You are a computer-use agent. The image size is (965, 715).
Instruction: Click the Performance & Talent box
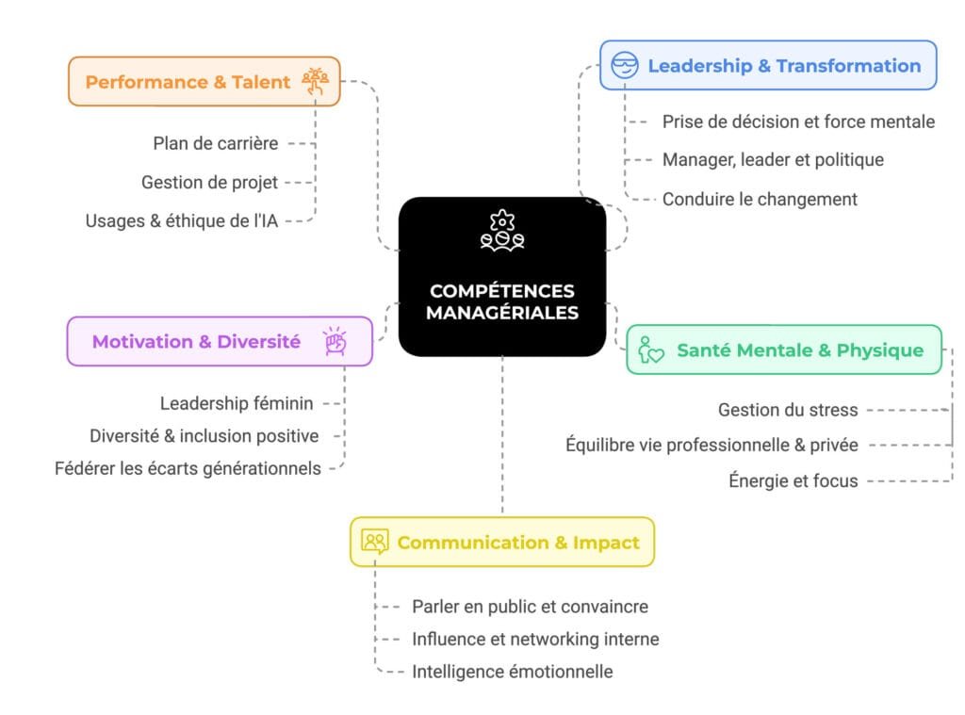[204, 81]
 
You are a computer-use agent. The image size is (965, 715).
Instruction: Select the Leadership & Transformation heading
[784, 66]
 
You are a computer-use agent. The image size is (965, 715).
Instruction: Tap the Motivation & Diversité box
[220, 342]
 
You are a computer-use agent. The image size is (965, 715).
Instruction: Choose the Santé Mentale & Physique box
[784, 349]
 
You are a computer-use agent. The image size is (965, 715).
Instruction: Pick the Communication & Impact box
[502, 542]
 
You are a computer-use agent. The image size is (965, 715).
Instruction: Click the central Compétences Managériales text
[502, 301]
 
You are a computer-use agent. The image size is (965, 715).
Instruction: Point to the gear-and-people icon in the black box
[502, 231]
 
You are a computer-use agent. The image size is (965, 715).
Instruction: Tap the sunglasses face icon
[625, 65]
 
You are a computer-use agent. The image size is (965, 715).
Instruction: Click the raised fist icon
[335, 341]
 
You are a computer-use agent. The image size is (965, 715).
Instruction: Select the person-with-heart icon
[650, 349]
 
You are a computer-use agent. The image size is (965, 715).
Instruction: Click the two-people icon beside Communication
[375, 542]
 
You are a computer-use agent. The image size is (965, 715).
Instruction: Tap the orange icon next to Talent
[315, 81]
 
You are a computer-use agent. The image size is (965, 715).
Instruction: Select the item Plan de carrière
[216, 143]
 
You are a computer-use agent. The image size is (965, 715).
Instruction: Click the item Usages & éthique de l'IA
[182, 220]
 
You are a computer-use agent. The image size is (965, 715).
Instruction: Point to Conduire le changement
[760, 200]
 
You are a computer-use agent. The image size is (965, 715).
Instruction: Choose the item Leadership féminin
[237, 403]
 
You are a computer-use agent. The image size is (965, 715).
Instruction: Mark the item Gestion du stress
[788, 410]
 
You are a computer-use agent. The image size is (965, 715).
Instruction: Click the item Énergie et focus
[793, 480]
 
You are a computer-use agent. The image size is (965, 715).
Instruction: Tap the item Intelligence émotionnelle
[512, 672]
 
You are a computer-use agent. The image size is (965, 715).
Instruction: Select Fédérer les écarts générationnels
[188, 469]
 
